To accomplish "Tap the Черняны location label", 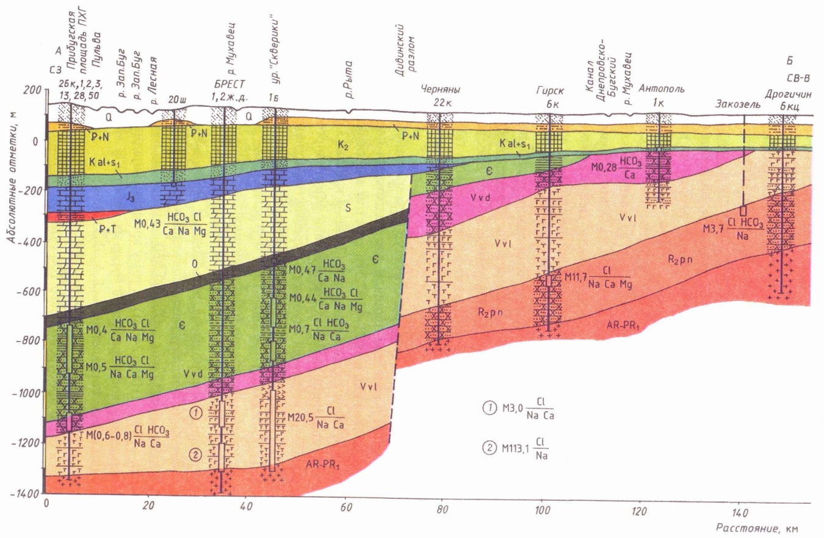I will [441, 88].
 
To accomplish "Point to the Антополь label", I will [662, 88].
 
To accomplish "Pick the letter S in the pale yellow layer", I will [347, 208].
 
